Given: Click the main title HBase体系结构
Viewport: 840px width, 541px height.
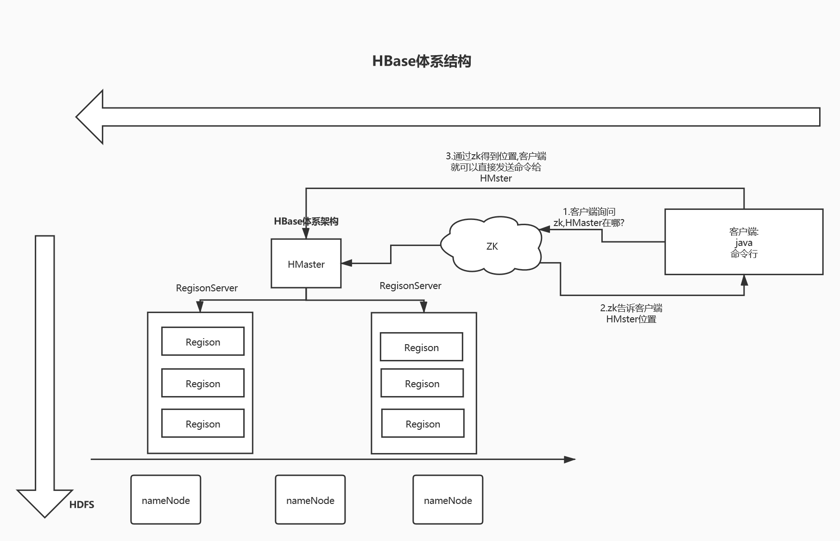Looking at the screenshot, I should (x=421, y=61).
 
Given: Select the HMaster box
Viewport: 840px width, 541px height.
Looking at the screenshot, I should (x=306, y=264).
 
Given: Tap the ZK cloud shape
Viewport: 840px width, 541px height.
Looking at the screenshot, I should (x=492, y=246).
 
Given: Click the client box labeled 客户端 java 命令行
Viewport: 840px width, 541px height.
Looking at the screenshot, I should (x=743, y=242).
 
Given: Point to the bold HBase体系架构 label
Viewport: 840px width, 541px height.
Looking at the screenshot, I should (x=306, y=221).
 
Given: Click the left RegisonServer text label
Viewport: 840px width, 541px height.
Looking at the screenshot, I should (x=207, y=288).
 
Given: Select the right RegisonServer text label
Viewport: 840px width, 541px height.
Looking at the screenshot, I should (x=410, y=286).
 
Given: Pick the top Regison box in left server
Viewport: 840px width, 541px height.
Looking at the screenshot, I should (x=202, y=342).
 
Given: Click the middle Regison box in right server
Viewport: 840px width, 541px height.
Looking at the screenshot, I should (x=422, y=383).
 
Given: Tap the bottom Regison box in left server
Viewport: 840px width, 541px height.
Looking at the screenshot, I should (x=202, y=423).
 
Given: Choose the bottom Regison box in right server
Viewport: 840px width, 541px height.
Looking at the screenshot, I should (x=423, y=423).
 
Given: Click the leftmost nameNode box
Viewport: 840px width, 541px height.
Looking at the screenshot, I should (x=165, y=500).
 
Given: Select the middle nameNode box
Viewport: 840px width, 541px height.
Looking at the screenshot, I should (x=310, y=500).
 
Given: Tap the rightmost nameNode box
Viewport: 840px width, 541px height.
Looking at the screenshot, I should (x=448, y=500).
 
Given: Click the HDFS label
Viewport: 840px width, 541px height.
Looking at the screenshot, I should (x=82, y=505).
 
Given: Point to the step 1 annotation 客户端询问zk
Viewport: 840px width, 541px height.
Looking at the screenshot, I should (x=588, y=217).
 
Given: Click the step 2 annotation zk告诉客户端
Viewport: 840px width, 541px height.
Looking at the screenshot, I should (x=631, y=314).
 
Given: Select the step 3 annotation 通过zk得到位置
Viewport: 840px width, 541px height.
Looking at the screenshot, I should (x=496, y=167).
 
